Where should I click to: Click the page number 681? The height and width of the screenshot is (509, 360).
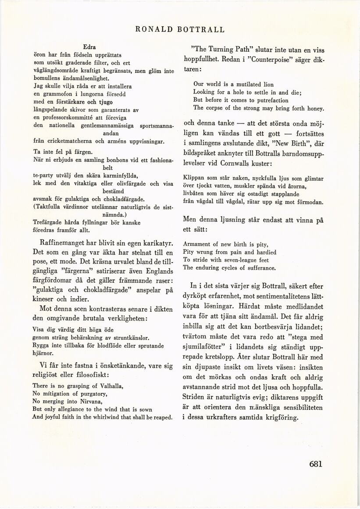(315, 465)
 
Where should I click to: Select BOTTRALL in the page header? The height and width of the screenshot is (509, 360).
(200, 30)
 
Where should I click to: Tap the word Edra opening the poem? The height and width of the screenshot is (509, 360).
(89, 47)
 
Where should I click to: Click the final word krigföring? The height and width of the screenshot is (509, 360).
(278, 418)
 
